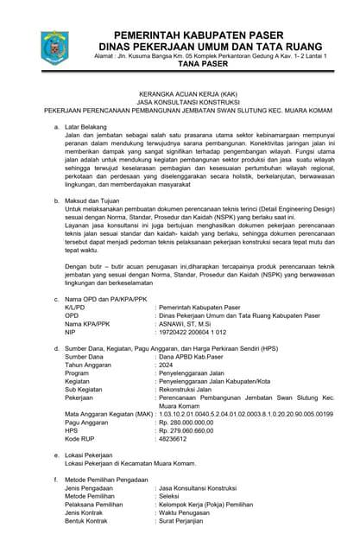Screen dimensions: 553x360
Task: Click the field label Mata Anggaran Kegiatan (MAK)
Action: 109,414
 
